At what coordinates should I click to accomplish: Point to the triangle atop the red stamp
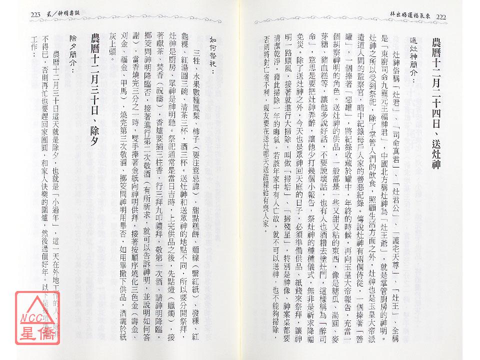tap(38, 302)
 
